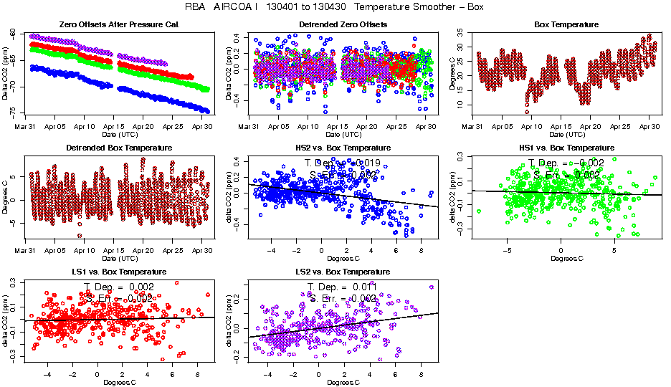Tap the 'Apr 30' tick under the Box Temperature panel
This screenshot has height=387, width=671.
pos(649,127)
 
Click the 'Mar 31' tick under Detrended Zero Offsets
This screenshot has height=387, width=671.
pos(248,127)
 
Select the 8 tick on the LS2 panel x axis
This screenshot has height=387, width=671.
pos(419,374)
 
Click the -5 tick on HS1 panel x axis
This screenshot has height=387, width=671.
pos(507,251)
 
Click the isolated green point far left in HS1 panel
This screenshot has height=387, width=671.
pos(479,211)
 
